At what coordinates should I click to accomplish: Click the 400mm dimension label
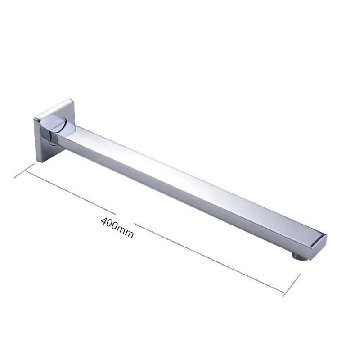[x=117, y=227]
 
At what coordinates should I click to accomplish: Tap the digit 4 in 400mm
[x=105, y=221]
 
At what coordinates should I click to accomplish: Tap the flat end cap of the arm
[x=319, y=243]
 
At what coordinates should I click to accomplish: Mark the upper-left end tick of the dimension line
[x=24, y=171]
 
